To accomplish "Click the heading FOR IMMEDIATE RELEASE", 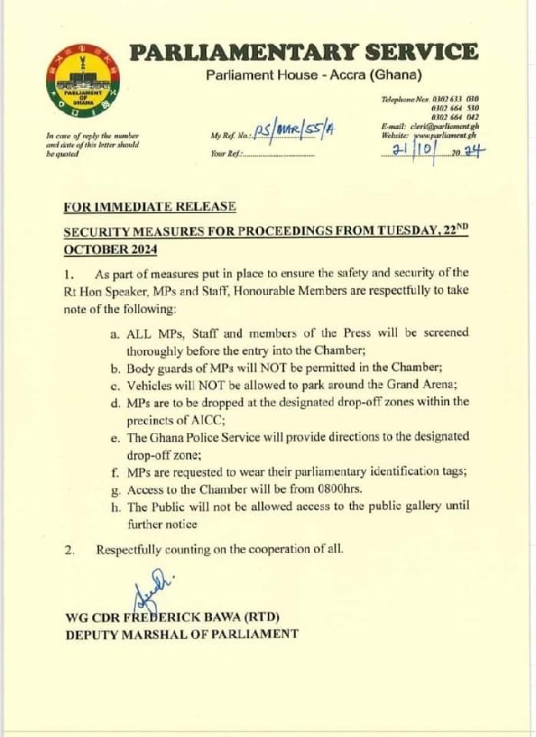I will click(149, 206).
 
